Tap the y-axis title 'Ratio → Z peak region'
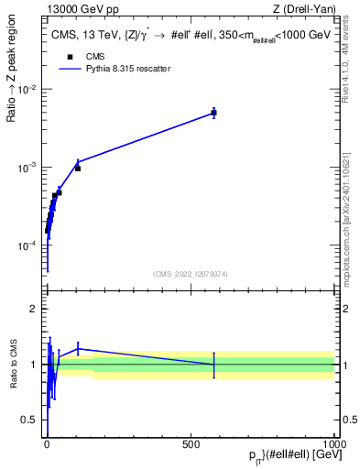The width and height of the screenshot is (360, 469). coord(13,90)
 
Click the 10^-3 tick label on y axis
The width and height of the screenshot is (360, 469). coord(29,169)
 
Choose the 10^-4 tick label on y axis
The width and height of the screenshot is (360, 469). coord(29,246)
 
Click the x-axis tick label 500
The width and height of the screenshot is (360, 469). coord(191,444)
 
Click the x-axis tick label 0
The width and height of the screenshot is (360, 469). coord(47,444)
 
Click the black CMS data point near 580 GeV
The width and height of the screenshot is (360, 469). coord(213,113)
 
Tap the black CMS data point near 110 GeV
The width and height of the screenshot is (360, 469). coord(78,169)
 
